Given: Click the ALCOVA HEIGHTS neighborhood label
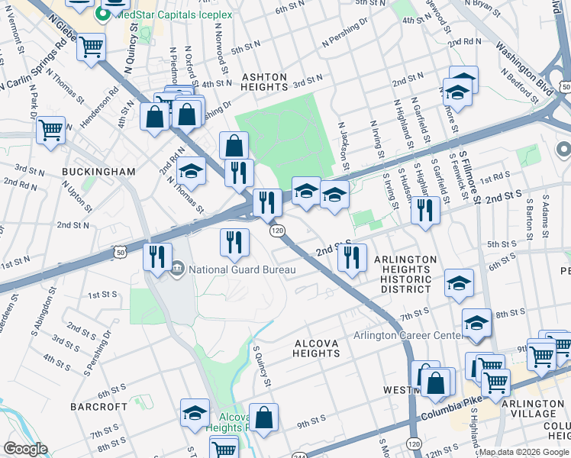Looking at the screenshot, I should [316, 349].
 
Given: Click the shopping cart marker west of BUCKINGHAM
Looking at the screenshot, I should [50, 131].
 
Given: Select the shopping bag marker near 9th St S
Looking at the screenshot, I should [264, 418].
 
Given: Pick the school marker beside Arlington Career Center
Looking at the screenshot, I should [476, 323].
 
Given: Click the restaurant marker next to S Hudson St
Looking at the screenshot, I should [425, 209].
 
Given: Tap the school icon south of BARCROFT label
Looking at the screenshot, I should [195, 413].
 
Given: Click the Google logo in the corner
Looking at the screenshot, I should [25, 449].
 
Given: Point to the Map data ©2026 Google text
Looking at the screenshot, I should [523, 453].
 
